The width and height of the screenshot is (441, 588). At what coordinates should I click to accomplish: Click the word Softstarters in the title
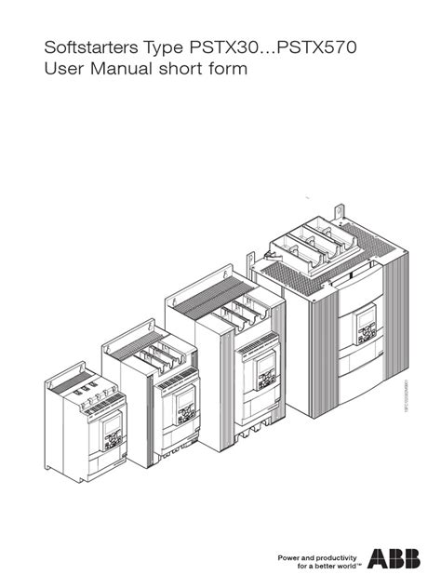point(73,47)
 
